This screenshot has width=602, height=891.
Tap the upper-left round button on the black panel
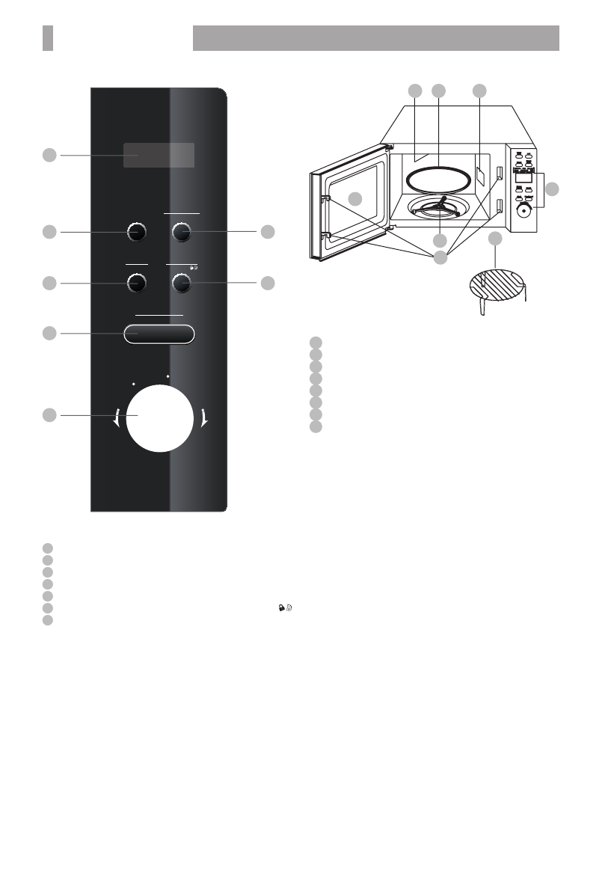pyautogui.click(x=136, y=232)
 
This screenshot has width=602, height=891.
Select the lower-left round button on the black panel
pyautogui.click(x=136, y=283)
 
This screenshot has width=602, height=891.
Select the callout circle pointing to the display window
pyautogui.click(x=49, y=155)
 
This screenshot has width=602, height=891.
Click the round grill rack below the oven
pyautogui.click(x=498, y=285)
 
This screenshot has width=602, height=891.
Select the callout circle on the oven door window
pyautogui.click(x=357, y=199)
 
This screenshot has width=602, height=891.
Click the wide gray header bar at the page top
pyautogui.click(x=376, y=38)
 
